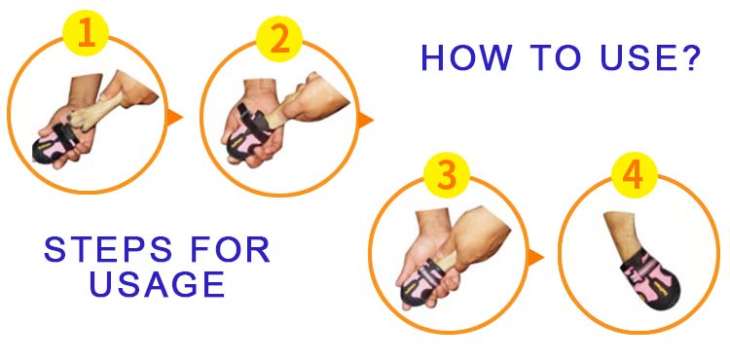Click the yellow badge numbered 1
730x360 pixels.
(86, 33)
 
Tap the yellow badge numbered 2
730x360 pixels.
(279, 39)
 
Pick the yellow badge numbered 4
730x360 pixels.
(634, 175)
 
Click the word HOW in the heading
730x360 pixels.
(466, 58)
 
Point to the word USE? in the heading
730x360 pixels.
(650, 58)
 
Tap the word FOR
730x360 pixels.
(231, 250)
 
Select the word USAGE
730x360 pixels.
(158, 284)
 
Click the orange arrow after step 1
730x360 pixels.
(174, 117)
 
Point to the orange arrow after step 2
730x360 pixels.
(365, 121)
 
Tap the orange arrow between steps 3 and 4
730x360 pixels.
(535, 258)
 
